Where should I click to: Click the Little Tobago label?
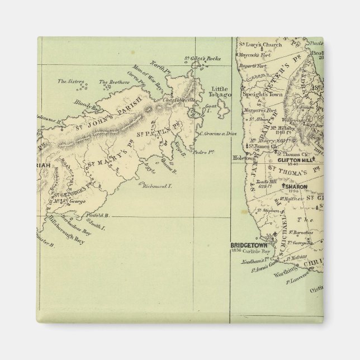tap(220, 92)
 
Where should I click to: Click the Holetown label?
tap(242, 158)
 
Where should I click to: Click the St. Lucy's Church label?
tap(258, 44)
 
